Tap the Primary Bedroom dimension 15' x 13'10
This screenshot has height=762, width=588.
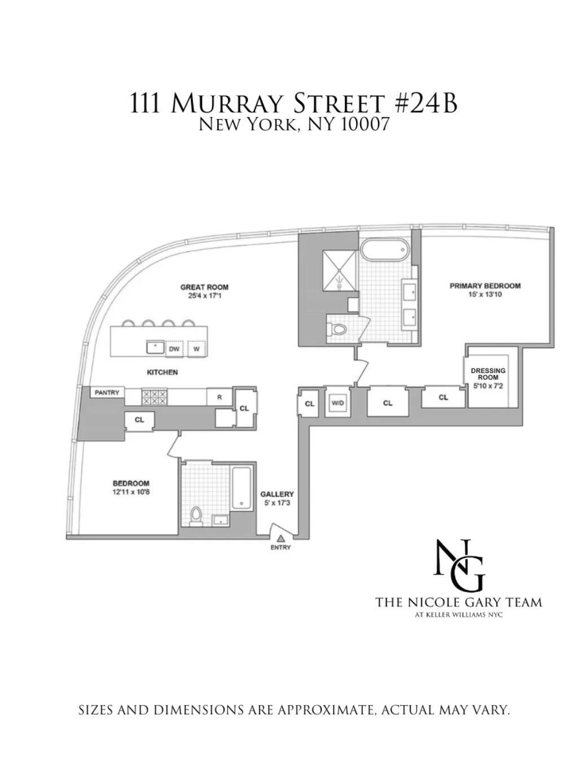coord(485,294)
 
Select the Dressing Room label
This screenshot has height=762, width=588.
coord(488,374)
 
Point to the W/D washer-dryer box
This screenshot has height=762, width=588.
coord(337,403)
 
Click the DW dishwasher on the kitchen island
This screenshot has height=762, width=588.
coord(174,349)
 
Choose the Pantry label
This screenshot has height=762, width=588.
coord(107,392)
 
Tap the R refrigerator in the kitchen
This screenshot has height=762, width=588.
coord(220,397)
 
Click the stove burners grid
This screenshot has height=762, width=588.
coord(154,397)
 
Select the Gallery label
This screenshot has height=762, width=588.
coord(277,494)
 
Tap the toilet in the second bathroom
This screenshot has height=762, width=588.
coord(196,516)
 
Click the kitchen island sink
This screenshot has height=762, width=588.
coord(155,347)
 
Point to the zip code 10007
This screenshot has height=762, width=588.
coord(365,124)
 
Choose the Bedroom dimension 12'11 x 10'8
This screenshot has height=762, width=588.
coord(131,492)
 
